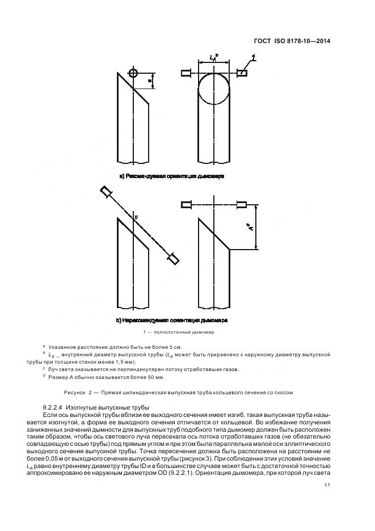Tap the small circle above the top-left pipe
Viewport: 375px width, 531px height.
point(133,74)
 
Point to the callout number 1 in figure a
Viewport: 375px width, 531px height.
point(253,57)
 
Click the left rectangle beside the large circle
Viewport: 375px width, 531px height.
point(186,73)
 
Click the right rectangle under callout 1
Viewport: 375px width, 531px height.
point(242,73)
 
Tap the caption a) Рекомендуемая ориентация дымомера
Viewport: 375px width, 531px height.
point(171,176)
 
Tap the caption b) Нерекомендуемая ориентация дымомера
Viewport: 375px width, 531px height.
point(171,320)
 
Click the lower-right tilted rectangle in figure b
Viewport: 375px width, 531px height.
point(172,259)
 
